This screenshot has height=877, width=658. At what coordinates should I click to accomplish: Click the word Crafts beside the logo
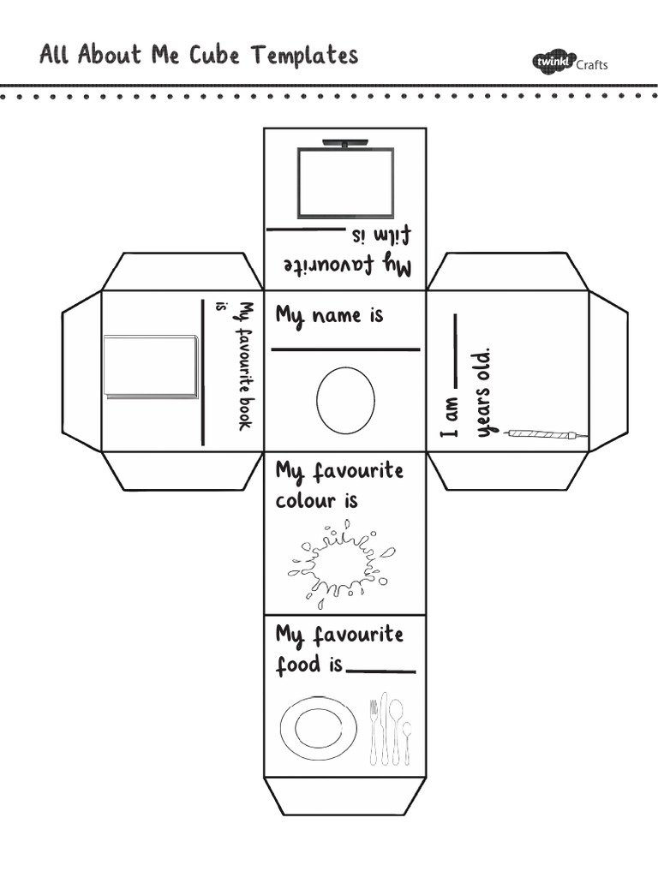coord(592,65)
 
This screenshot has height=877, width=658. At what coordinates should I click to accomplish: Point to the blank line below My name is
coord(345,349)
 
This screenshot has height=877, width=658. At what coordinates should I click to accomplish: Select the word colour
coord(305,500)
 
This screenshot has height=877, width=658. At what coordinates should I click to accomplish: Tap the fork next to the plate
coord(373,732)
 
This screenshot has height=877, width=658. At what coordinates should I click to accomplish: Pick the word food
coord(296,665)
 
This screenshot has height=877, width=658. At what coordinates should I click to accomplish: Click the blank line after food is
coord(381,672)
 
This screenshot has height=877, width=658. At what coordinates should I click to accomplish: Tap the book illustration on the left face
coord(151,367)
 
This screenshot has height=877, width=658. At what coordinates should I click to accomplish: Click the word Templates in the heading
coord(304,57)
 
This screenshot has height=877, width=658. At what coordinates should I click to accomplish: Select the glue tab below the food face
coord(345,796)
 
